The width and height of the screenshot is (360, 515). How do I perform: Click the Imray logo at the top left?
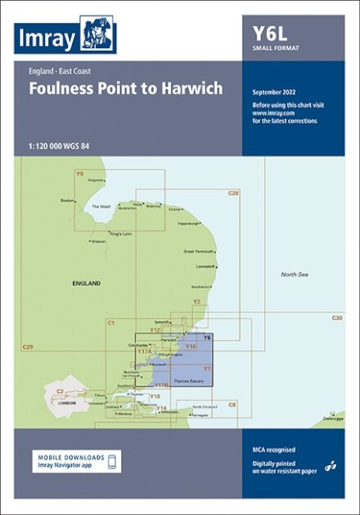pos(65,37)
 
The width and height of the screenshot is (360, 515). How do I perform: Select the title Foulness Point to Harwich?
pos(125,88)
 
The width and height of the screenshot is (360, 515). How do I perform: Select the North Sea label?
pos(294,273)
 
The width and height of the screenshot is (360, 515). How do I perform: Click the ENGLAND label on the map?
pos(86,282)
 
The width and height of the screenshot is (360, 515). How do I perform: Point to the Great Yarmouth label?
pos(199,251)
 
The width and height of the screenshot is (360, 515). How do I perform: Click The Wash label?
pos(101,206)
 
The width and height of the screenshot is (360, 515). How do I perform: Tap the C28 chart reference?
pos(233,193)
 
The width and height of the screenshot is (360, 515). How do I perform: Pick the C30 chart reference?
pos(337,318)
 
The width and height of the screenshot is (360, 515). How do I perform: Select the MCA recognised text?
pos(274,449)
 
